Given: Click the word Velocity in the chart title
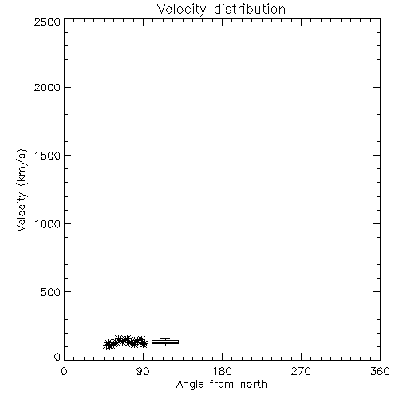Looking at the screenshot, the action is [x=181, y=10].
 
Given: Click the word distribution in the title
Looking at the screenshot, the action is [x=250, y=9].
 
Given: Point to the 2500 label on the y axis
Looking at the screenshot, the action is [x=47, y=22].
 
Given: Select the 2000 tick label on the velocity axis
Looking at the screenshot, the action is [x=47, y=87].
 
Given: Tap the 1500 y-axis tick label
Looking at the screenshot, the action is [x=48, y=155].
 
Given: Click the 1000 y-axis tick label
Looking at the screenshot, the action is [x=48, y=223].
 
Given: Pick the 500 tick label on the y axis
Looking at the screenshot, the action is [x=51, y=292].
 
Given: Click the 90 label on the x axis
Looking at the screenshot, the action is [x=143, y=371].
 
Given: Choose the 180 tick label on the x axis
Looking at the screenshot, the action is [x=222, y=371].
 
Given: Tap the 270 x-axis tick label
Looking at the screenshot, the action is [x=301, y=371].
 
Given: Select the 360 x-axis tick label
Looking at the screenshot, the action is [x=380, y=371].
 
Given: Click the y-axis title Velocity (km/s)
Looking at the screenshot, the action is [x=22, y=190].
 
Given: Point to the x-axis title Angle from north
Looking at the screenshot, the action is [x=222, y=385].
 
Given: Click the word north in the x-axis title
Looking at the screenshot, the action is [x=254, y=384].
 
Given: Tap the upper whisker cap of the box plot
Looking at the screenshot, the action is [x=165, y=338].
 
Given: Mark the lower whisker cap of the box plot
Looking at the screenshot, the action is [x=165, y=346].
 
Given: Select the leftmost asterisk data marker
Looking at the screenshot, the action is [x=108, y=344].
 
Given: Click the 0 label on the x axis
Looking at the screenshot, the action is [x=64, y=371].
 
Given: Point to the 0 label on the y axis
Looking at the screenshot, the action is [x=57, y=357].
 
